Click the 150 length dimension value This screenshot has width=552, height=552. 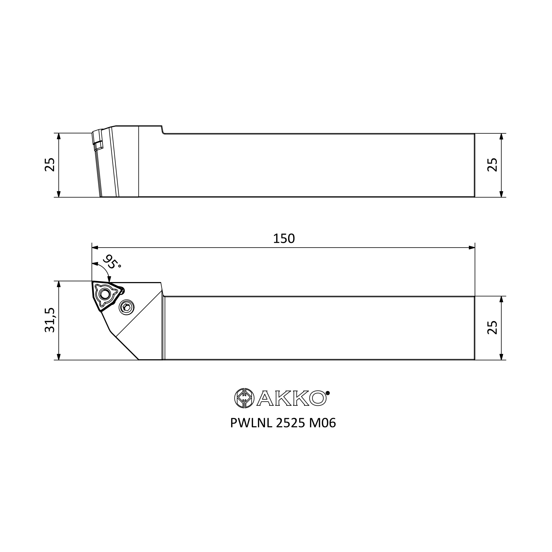284,238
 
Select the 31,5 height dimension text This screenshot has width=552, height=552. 50,320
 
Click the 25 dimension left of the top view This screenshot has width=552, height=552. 50,164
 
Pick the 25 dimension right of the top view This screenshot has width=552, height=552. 492,165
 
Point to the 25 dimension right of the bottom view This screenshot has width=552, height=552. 492,328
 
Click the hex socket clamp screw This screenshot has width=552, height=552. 127,307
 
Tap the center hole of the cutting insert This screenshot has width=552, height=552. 105,294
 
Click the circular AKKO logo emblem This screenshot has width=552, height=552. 244,398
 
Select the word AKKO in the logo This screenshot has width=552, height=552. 291,398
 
